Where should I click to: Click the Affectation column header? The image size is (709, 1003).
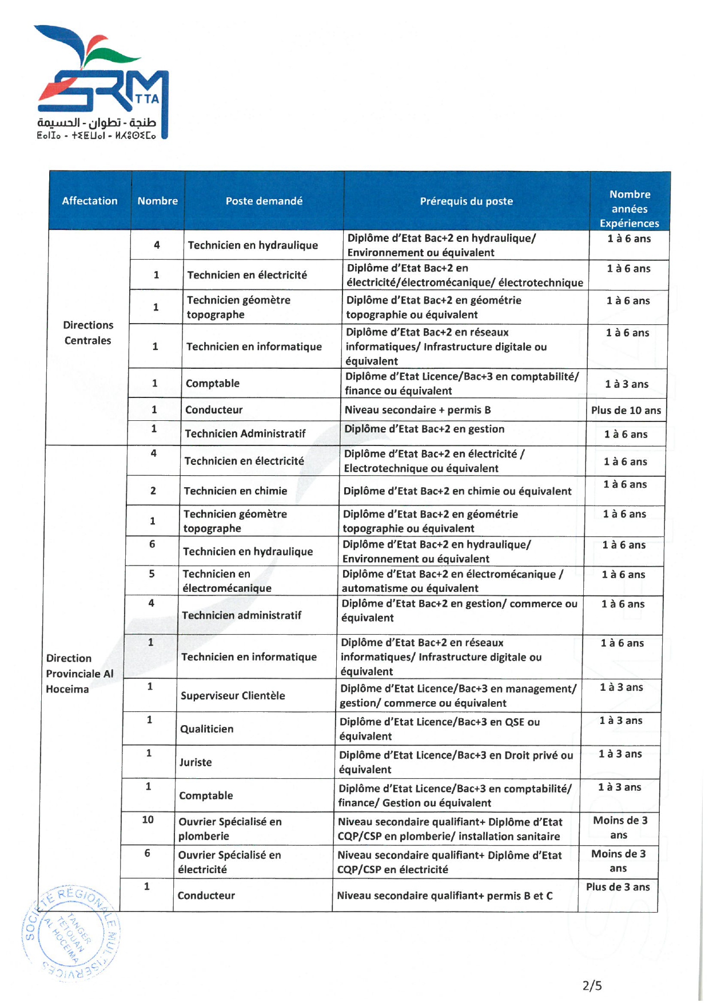pos(90,201)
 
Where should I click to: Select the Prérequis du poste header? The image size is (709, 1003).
pos(466,201)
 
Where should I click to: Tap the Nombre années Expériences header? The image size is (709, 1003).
pos(629,209)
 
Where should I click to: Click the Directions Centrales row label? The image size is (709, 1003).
pos(87,333)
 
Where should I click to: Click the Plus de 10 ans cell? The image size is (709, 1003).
pos(626,411)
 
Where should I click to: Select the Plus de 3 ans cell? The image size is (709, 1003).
pos(618,887)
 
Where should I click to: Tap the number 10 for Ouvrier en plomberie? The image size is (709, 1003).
pos(148,820)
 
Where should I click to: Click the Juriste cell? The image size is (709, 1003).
pos(196,762)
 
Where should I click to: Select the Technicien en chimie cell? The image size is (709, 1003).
pos(236,491)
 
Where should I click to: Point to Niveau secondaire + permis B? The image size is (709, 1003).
pos(417,410)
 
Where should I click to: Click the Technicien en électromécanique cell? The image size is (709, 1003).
pos(226,581)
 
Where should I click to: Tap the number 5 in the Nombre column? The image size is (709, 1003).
pos(152,574)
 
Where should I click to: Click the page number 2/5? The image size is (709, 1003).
pos(592,985)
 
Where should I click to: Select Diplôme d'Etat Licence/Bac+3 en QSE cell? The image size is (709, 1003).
pos(439,729)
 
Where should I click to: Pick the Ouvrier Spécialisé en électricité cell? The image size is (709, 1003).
pos(229,862)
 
